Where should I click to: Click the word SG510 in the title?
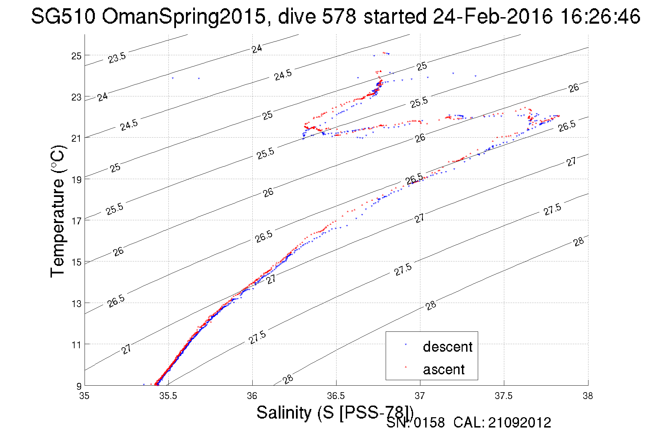(x=63, y=16)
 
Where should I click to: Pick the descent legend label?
(x=448, y=347)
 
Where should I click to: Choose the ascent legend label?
(x=444, y=369)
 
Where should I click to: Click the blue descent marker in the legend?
(x=406, y=344)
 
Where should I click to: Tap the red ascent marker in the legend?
(x=406, y=367)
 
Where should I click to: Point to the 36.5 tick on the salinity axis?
(x=336, y=396)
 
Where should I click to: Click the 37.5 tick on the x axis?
(x=504, y=396)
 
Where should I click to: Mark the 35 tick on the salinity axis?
(x=85, y=396)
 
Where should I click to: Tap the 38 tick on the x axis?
(x=588, y=396)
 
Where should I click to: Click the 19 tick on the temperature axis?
(x=76, y=179)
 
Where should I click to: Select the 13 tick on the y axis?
(x=76, y=303)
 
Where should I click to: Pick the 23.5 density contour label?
(x=117, y=58)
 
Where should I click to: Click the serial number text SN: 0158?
(x=415, y=423)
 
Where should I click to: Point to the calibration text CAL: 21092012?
(x=502, y=423)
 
